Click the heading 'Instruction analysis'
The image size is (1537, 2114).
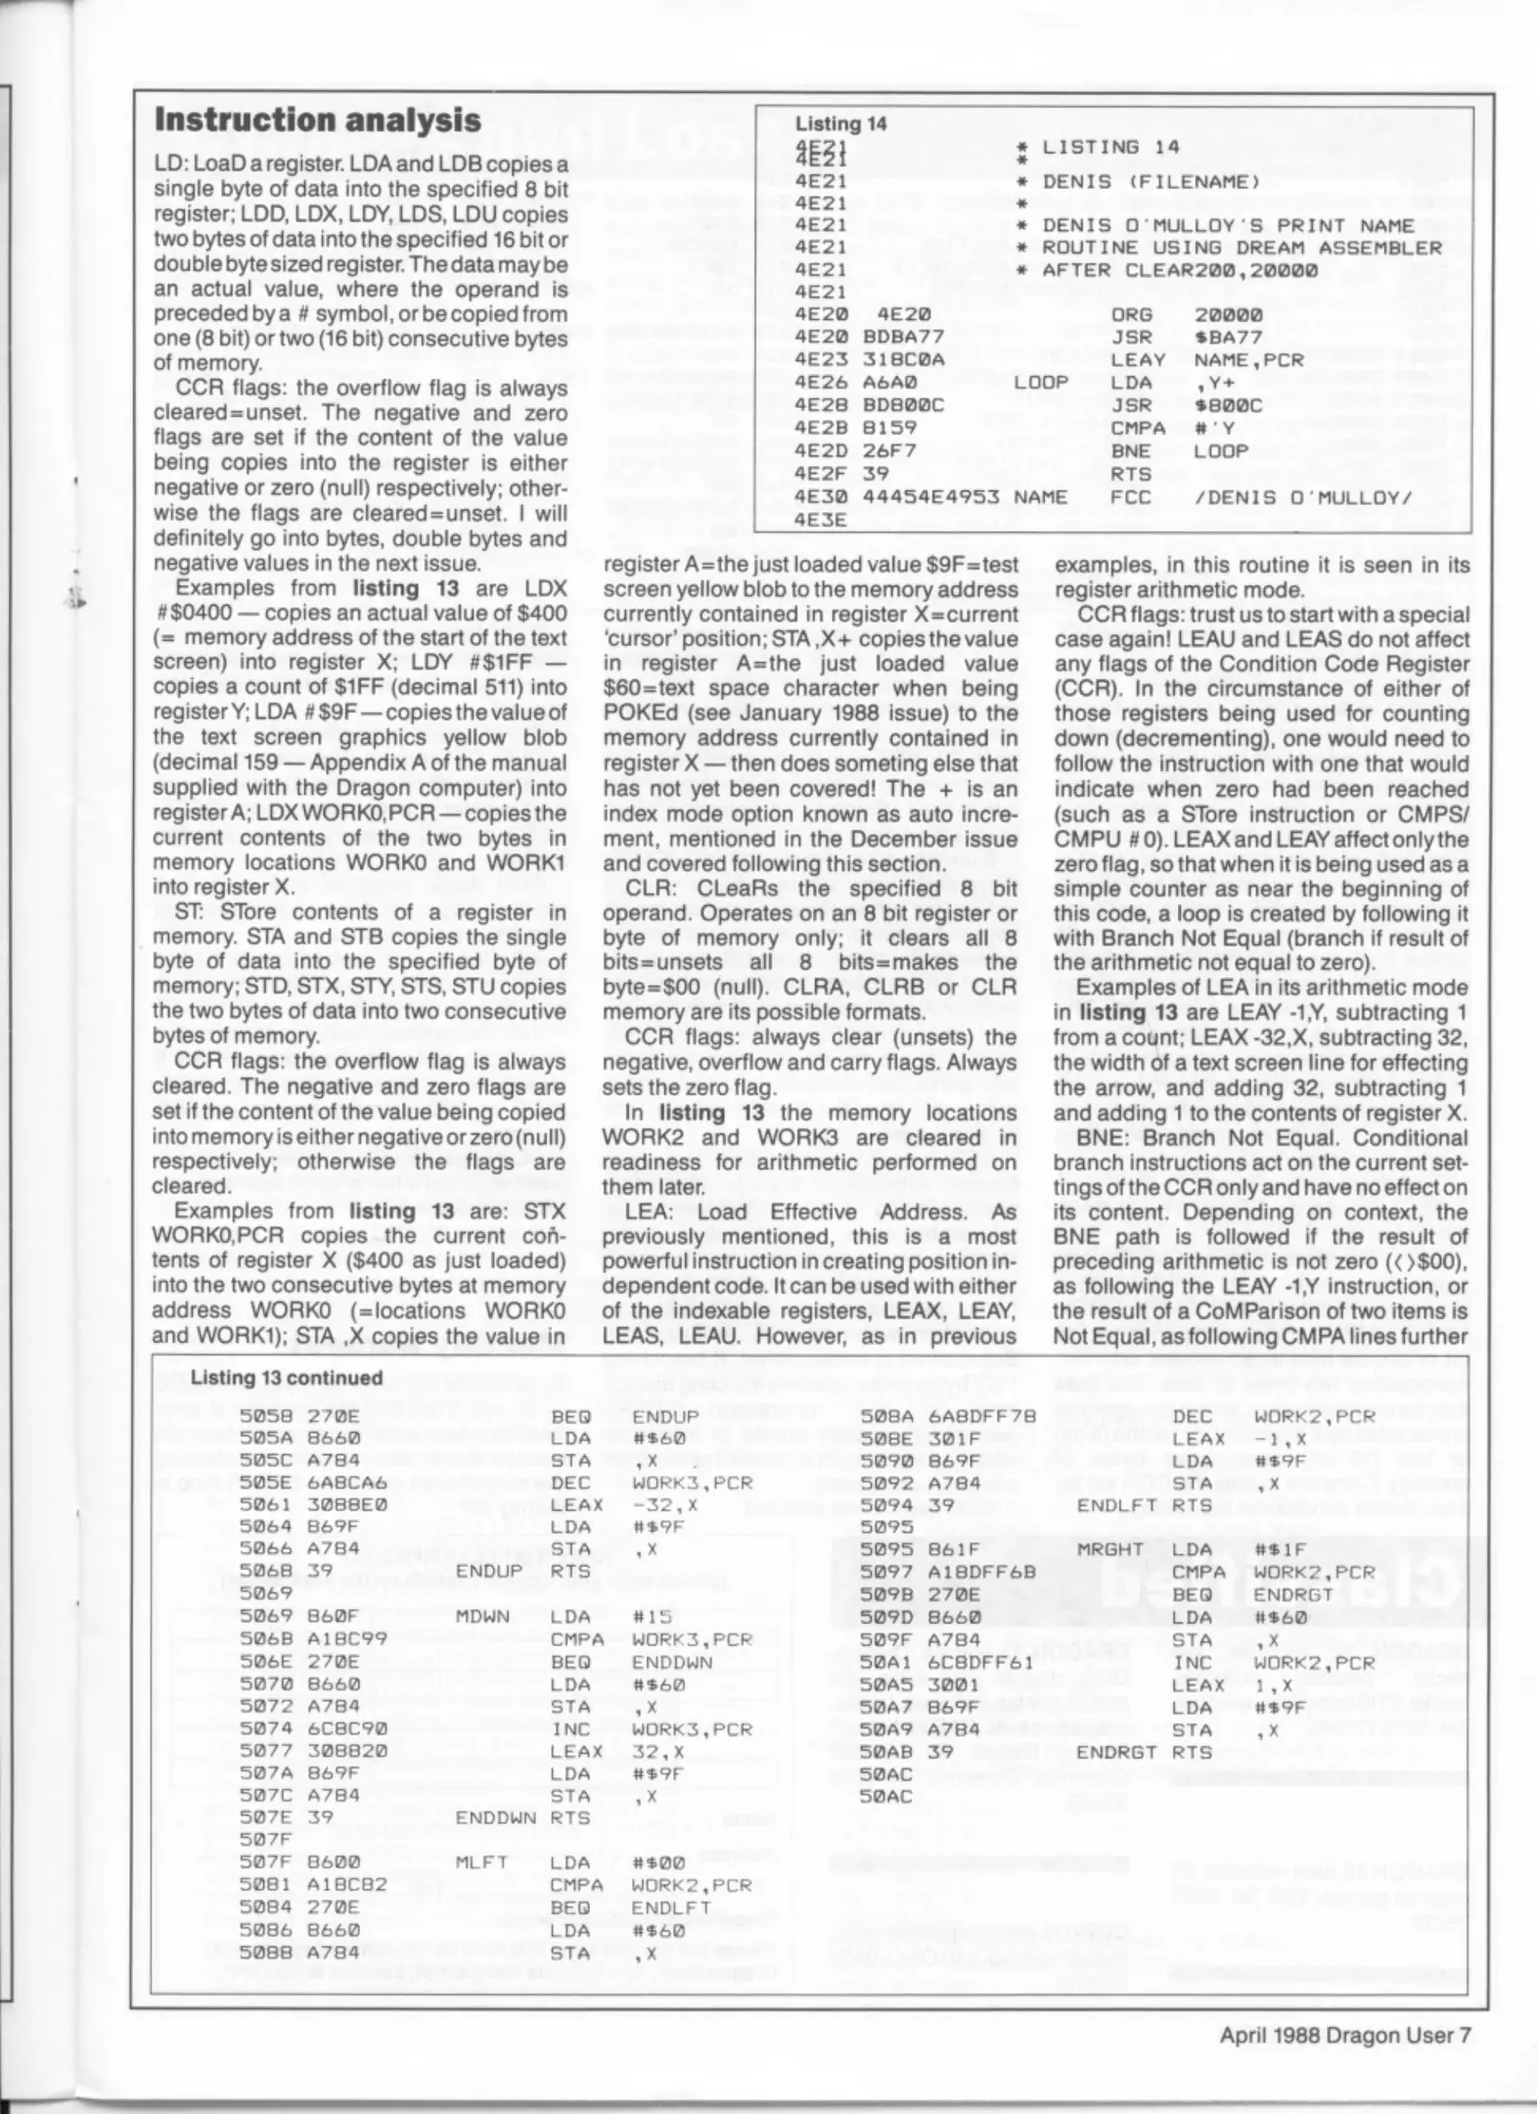coord(318,120)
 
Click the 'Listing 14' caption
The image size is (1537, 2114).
coord(840,123)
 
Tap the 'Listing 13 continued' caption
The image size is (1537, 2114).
coord(286,1377)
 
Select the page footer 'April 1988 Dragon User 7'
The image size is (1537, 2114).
coord(1344,2035)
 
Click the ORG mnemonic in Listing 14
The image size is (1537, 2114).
coord(1131,315)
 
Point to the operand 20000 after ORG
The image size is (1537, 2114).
coord(1228,315)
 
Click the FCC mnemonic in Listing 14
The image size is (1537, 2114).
coord(1131,497)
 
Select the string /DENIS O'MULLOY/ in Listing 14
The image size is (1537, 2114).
coord(1303,497)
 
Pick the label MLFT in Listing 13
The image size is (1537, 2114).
coord(482,1862)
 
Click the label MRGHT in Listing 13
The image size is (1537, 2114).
coord(1109,1549)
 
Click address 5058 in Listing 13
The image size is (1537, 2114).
coord(260,1416)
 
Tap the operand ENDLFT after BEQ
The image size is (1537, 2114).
coord(671,1907)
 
